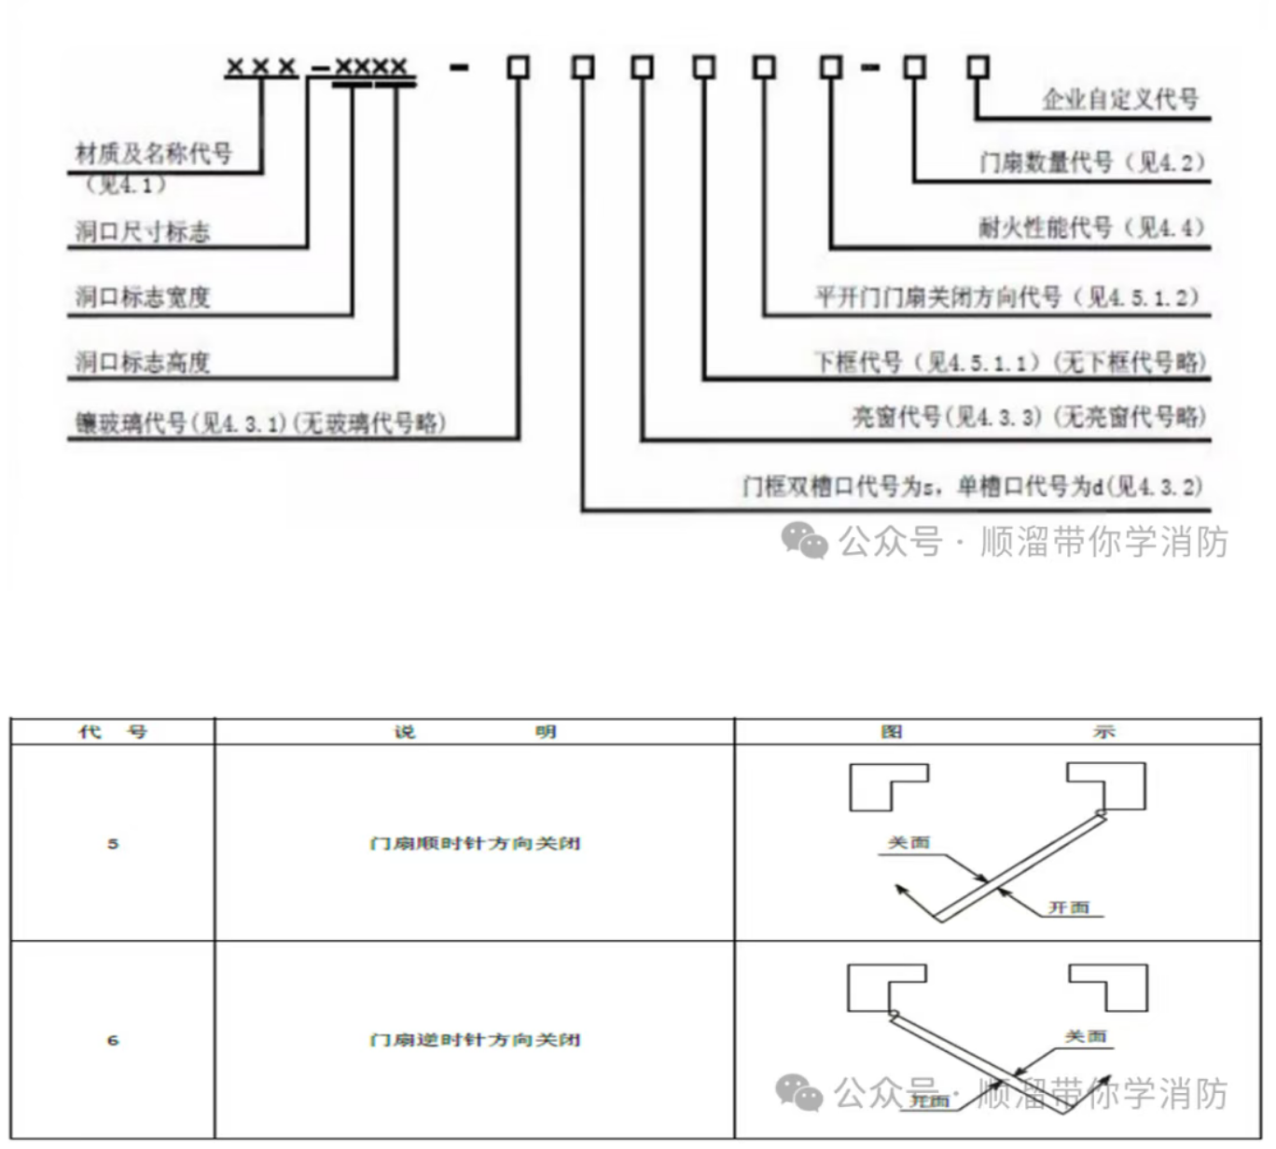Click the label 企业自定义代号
(x=1119, y=99)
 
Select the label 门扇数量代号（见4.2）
(x=1091, y=162)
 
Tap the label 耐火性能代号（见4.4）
(x=1091, y=228)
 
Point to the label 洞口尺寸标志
(x=143, y=231)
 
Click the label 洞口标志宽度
(x=143, y=298)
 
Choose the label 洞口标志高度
(x=143, y=362)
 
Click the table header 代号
(x=113, y=732)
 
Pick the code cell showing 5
(x=113, y=844)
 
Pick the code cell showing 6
(x=113, y=1040)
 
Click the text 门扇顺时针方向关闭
(x=475, y=844)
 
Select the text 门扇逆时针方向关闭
(x=475, y=1040)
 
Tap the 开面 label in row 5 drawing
(x=1069, y=907)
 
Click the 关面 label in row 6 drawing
(x=1086, y=1036)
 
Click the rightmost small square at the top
(x=978, y=67)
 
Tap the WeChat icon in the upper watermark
(x=804, y=541)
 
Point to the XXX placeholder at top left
(x=261, y=67)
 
